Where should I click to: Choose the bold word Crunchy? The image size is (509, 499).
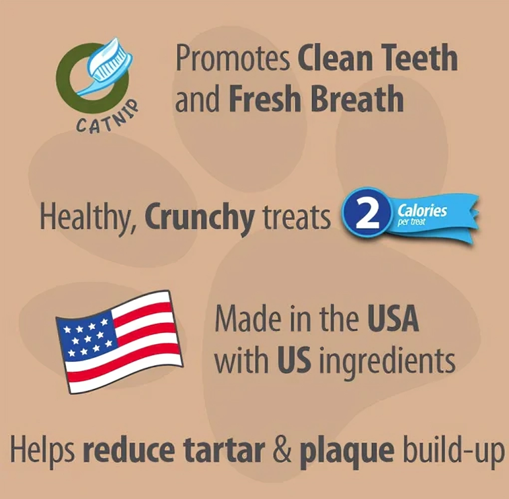pyautogui.click(x=200, y=217)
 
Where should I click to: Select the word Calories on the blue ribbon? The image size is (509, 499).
pyautogui.click(x=422, y=210)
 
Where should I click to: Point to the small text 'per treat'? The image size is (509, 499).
pyautogui.click(x=412, y=223)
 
